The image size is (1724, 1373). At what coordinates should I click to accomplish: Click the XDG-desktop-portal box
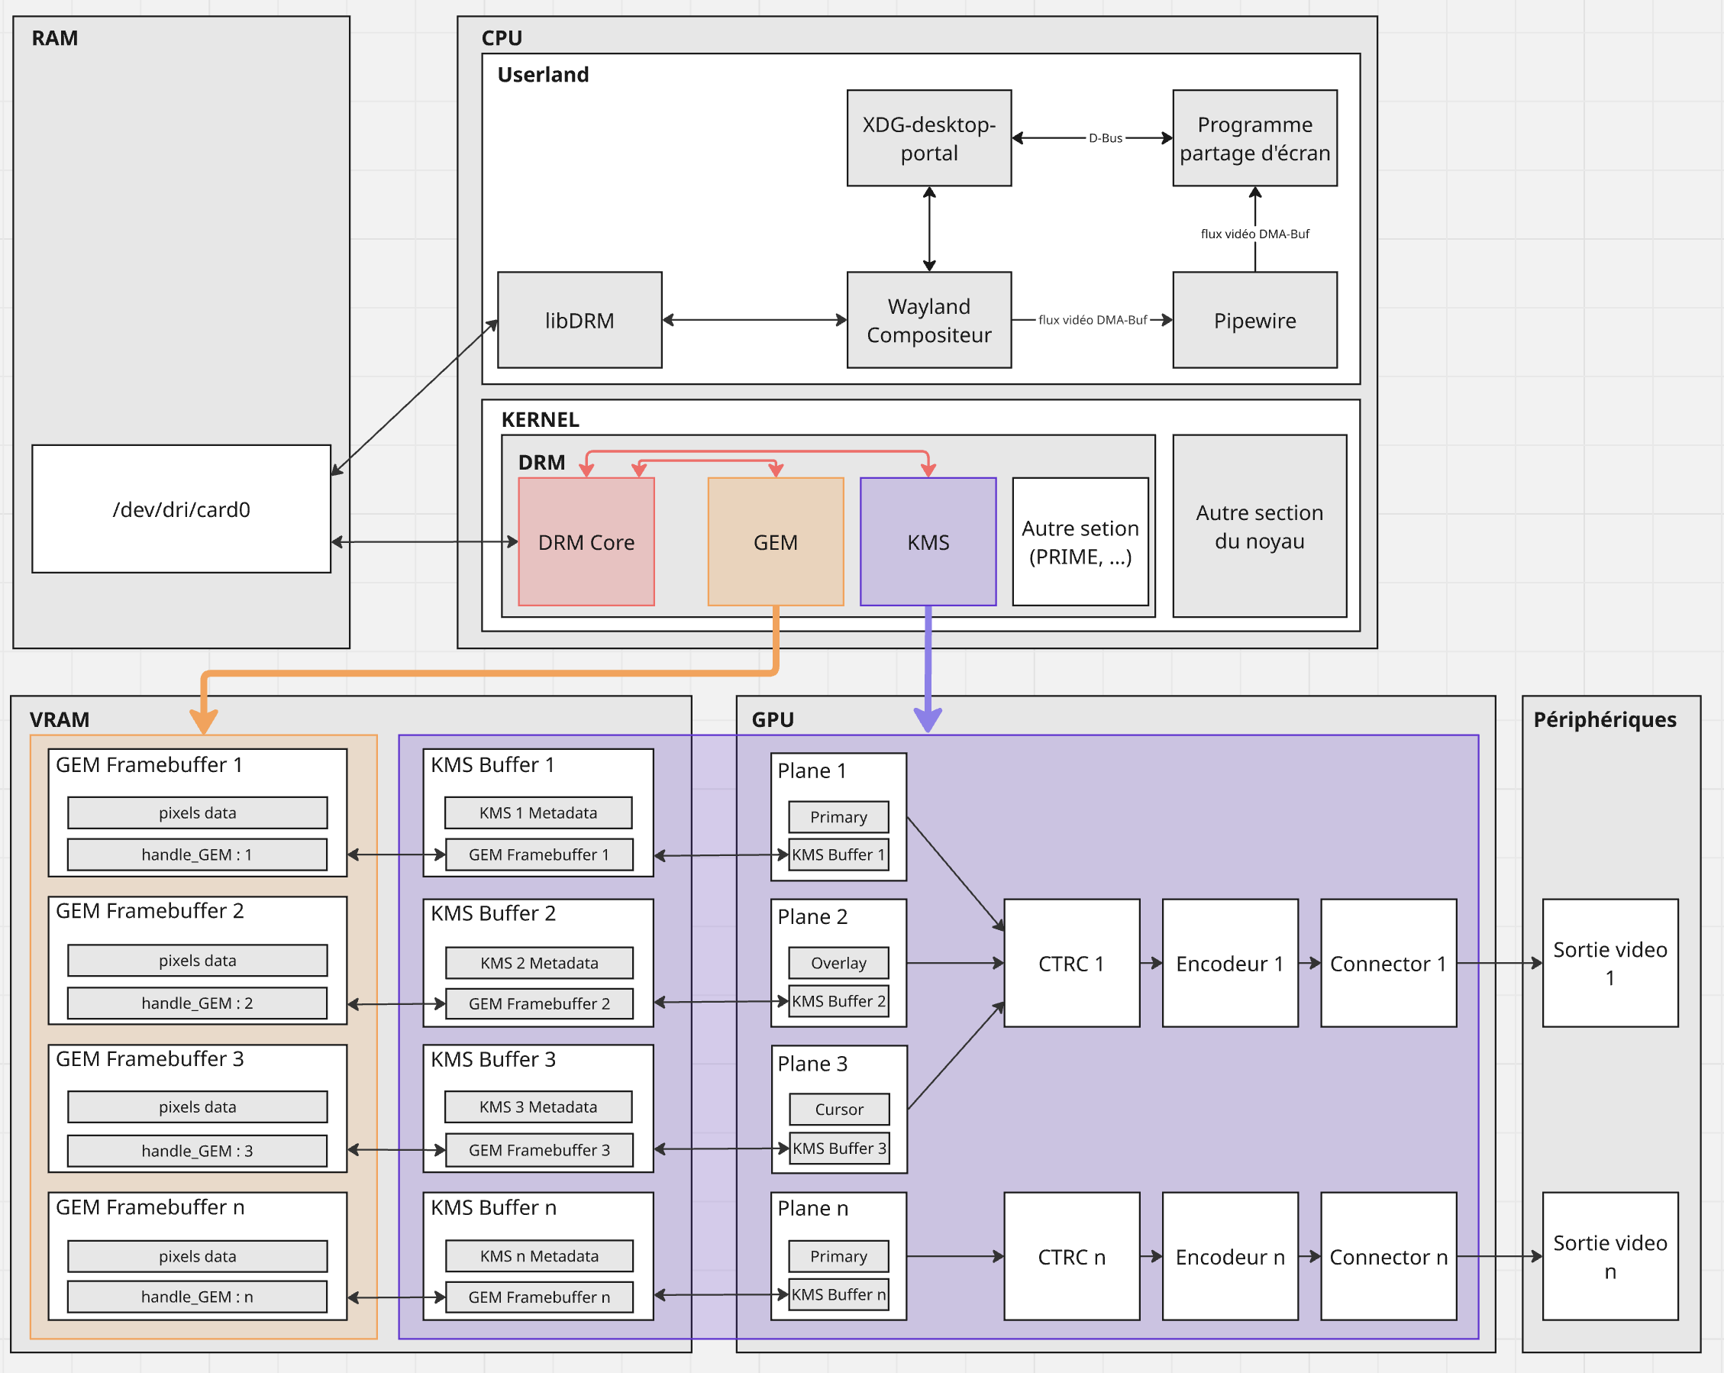pyautogui.click(x=928, y=137)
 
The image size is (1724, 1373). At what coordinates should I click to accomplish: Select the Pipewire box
pyautogui.click(x=1254, y=320)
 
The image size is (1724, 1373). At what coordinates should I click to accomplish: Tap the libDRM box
pyautogui.click(x=579, y=320)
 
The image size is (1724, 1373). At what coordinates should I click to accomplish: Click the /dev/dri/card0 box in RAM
pyautogui.click(x=181, y=509)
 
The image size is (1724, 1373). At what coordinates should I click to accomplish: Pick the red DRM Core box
pyautogui.click(x=586, y=541)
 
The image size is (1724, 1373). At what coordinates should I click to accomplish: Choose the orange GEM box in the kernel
pyautogui.click(x=775, y=541)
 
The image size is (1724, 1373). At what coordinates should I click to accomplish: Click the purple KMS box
pyautogui.click(x=928, y=541)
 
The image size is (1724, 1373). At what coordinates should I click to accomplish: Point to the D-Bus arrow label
pyautogui.click(x=1105, y=138)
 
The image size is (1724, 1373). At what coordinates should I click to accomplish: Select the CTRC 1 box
pyautogui.click(x=1070, y=963)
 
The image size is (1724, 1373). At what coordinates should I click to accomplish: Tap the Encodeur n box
pyautogui.click(x=1229, y=1256)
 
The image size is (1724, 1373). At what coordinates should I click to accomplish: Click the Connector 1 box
pyautogui.click(x=1387, y=963)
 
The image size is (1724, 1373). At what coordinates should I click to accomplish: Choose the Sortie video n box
pyautogui.click(x=1609, y=1256)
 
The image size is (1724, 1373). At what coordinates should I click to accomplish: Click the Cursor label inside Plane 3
pyautogui.click(x=839, y=1109)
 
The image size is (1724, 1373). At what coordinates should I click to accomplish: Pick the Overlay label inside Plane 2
pyautogui.click(x=838, y=963)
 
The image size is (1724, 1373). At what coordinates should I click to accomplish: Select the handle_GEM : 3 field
pyautogui.click(x=197, y=1151)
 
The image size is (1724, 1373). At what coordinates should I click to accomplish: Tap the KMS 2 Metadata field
pyautogui.click(x=539, y=963)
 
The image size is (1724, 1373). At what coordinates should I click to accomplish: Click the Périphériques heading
pyautogui.click(x=1604, y=719)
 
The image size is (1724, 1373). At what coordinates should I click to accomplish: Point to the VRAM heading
pyautogui.click(x=60, y=719)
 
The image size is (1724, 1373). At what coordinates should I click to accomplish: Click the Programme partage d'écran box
pyautogui.click(x=1254, y=137)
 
